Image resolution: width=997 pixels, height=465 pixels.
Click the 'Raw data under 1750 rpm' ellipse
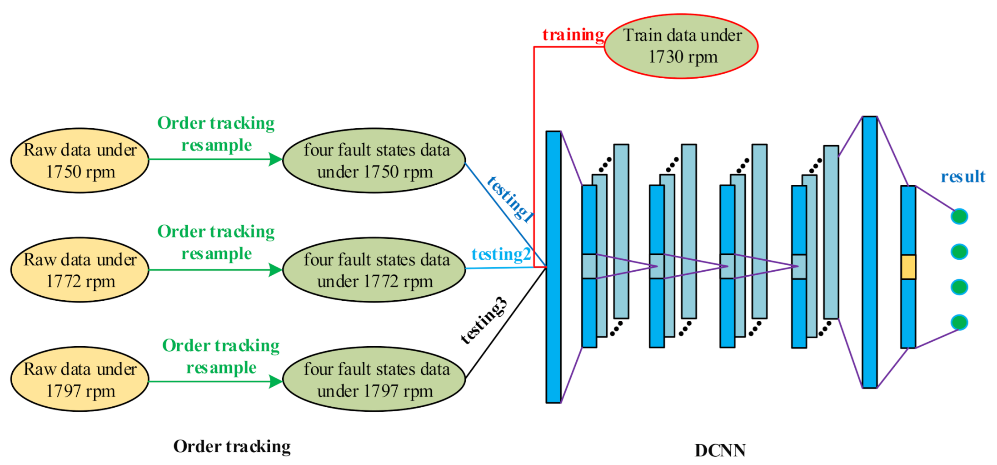[80, 161]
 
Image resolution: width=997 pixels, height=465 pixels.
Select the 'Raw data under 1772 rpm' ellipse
[80, 270]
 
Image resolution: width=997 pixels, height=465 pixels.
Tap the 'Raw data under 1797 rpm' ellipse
[80, 379]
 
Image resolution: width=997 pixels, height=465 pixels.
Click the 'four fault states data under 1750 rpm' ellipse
[374, 161]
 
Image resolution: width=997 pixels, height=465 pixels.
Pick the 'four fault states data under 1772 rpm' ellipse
[374, 270]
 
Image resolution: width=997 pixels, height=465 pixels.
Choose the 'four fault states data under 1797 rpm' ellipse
[374, 379]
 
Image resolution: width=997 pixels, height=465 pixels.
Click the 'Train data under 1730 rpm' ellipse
[681, 46]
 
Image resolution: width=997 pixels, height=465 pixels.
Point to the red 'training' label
[573, 35]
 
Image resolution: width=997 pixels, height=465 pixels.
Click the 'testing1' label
[510, 199]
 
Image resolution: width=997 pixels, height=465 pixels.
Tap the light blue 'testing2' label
[501, 254]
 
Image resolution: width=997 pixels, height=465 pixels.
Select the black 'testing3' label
[484, 320]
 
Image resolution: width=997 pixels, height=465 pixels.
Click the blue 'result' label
[962, 177]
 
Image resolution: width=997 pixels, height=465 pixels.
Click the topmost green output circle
[959, 216]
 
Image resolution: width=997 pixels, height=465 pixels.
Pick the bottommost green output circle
[959, 323]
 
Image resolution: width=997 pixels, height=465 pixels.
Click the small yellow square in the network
[908, 267]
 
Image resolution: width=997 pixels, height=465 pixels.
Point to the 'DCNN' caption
[720, 450]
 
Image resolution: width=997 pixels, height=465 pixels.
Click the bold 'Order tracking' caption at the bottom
[232, 446]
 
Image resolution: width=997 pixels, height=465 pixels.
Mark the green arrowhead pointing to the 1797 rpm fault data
[275, 381]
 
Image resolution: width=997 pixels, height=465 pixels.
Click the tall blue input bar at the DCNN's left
[553, 267]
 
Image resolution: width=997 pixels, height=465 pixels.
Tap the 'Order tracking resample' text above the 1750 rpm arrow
[216, 134]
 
